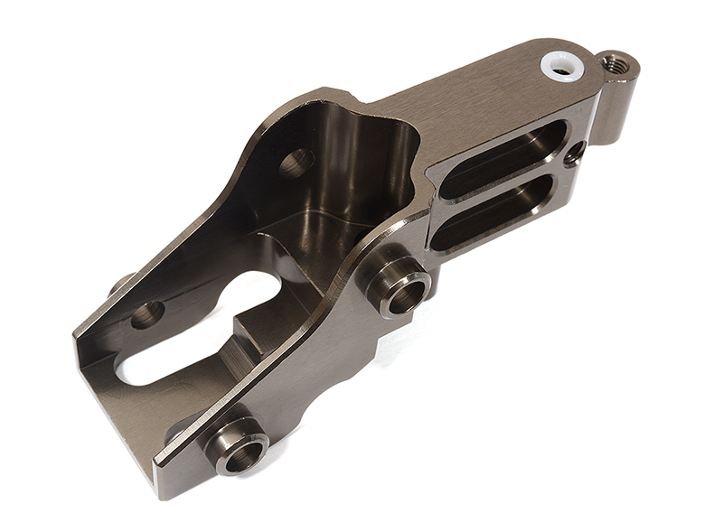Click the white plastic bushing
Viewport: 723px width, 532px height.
click(x=560, y=66)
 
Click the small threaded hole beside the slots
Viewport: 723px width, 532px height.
click(x=573, y=156)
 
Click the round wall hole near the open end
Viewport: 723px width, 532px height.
click(x=147, y=314)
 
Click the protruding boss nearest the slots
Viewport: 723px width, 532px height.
click(x=399, y=285)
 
